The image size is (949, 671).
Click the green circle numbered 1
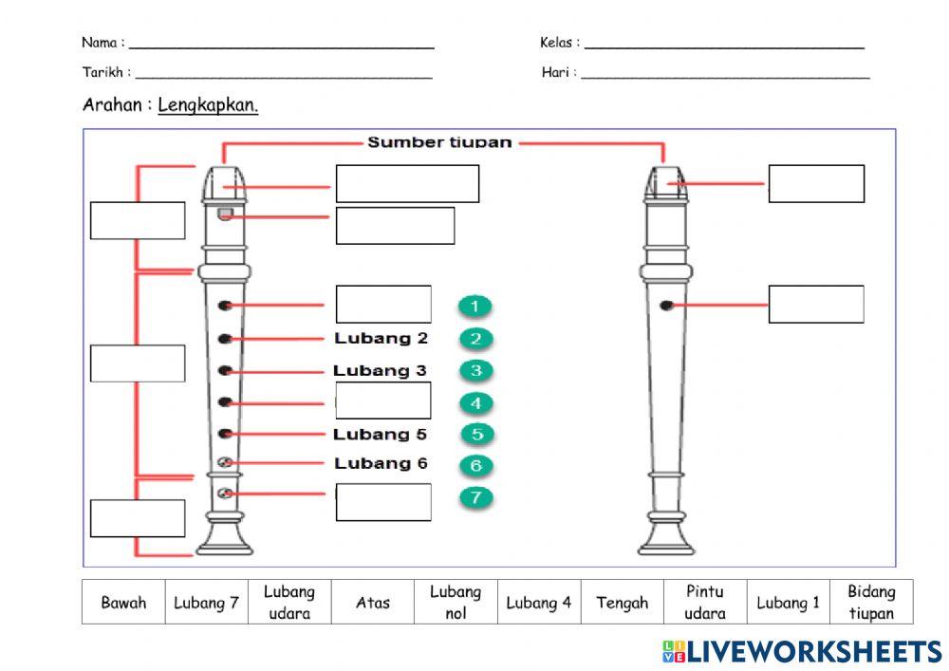pyautogui.click(x=474, y=306)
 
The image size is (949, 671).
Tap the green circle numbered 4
pyautogui.click(x=475, y=403)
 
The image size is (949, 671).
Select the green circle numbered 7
pyautogui.click(x=475, y=496)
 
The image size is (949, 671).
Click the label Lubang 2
pyautogui.click(x=381, y=338)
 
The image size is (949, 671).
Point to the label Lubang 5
pyautogui.click(x=380, y=435)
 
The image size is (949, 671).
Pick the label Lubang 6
pyautogui.click(x=381, y=463)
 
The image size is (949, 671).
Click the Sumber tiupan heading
pyautogui.click(x=439, y=142)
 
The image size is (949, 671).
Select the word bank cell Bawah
pyautogui.click(x=123, y=603)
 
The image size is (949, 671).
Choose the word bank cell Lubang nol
pyautogui.click(x=456, y=603)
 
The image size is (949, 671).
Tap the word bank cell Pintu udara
pyautogui.click(x=705, y=603)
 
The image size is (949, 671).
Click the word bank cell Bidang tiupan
pyautogui.click(x=871, y=603)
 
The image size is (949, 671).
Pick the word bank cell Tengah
pyautogui.click(x=622, y=603)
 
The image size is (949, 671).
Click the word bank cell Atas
pyautogui.click(x=373, y=603)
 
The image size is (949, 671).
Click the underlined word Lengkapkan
pyautogui.click(x=208, y=105)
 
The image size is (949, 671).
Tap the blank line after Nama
pyautogui.click(x=282, y=45)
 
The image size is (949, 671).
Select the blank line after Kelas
pyautogui.click(x=724, y=45)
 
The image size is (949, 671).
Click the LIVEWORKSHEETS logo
pyautogui.click(x=802, y=651)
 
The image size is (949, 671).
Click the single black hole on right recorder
pyautogui.click(x=666, y=305)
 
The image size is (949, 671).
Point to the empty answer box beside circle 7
pyautogui.click(x=383, y=502)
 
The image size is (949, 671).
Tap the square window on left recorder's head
pyautogui.click(x=224, y=214)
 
